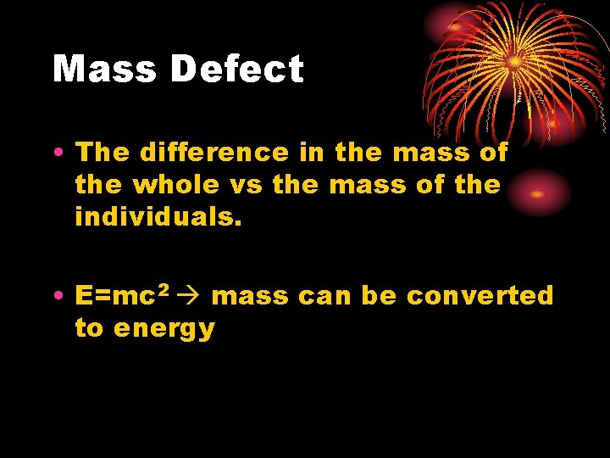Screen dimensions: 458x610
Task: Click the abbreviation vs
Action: pyautogui.click(x=247, y=184)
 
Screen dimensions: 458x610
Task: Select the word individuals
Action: pyautogui.click(x=158, y=216)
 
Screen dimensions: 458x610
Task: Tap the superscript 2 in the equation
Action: pyautogui.click(x=164, y=291)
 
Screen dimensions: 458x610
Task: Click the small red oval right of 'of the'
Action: pyautogui.click(x=536, y=193)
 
